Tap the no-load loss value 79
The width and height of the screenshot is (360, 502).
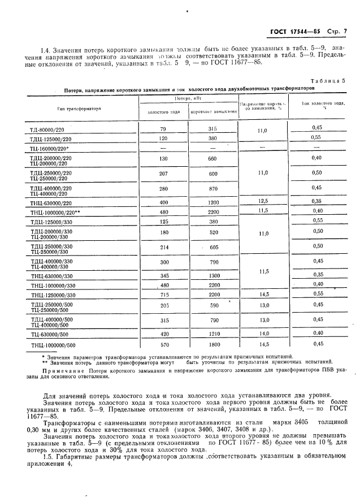163,128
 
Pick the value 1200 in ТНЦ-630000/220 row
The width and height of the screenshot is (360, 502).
213,201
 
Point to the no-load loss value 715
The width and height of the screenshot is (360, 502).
163,295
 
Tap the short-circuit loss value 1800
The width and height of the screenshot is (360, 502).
213,344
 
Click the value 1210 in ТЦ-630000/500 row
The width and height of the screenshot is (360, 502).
213,334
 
